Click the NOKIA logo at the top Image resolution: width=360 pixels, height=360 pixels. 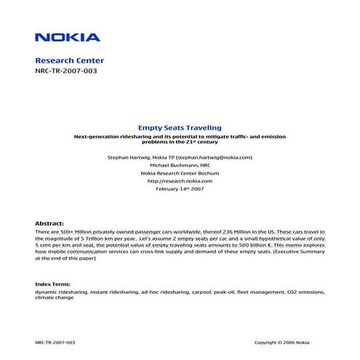(x=68, y=36)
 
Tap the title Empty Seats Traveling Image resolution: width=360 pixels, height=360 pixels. (x=179, y=127)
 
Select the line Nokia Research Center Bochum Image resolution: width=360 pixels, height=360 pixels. (x=180, y=173)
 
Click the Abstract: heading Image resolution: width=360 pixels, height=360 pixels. (x=49, y=223)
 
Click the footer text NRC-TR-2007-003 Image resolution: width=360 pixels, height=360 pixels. (x=55, y=342)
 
